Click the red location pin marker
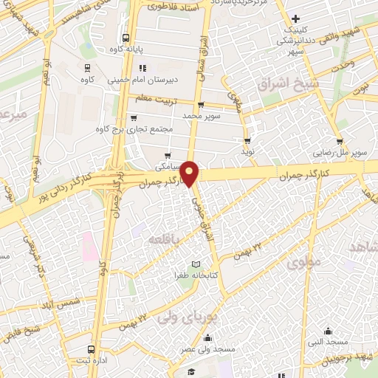point(190,173)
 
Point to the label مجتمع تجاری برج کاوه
point(134,128)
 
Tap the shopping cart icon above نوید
point(247,140)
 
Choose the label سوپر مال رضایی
point(338,151)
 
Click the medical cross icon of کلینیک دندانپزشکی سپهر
point(295,18)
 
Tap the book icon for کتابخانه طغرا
point(196,264)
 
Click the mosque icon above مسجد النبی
point(328,331)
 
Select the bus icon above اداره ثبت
point(91,349)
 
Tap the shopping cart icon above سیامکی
point(169,155)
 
